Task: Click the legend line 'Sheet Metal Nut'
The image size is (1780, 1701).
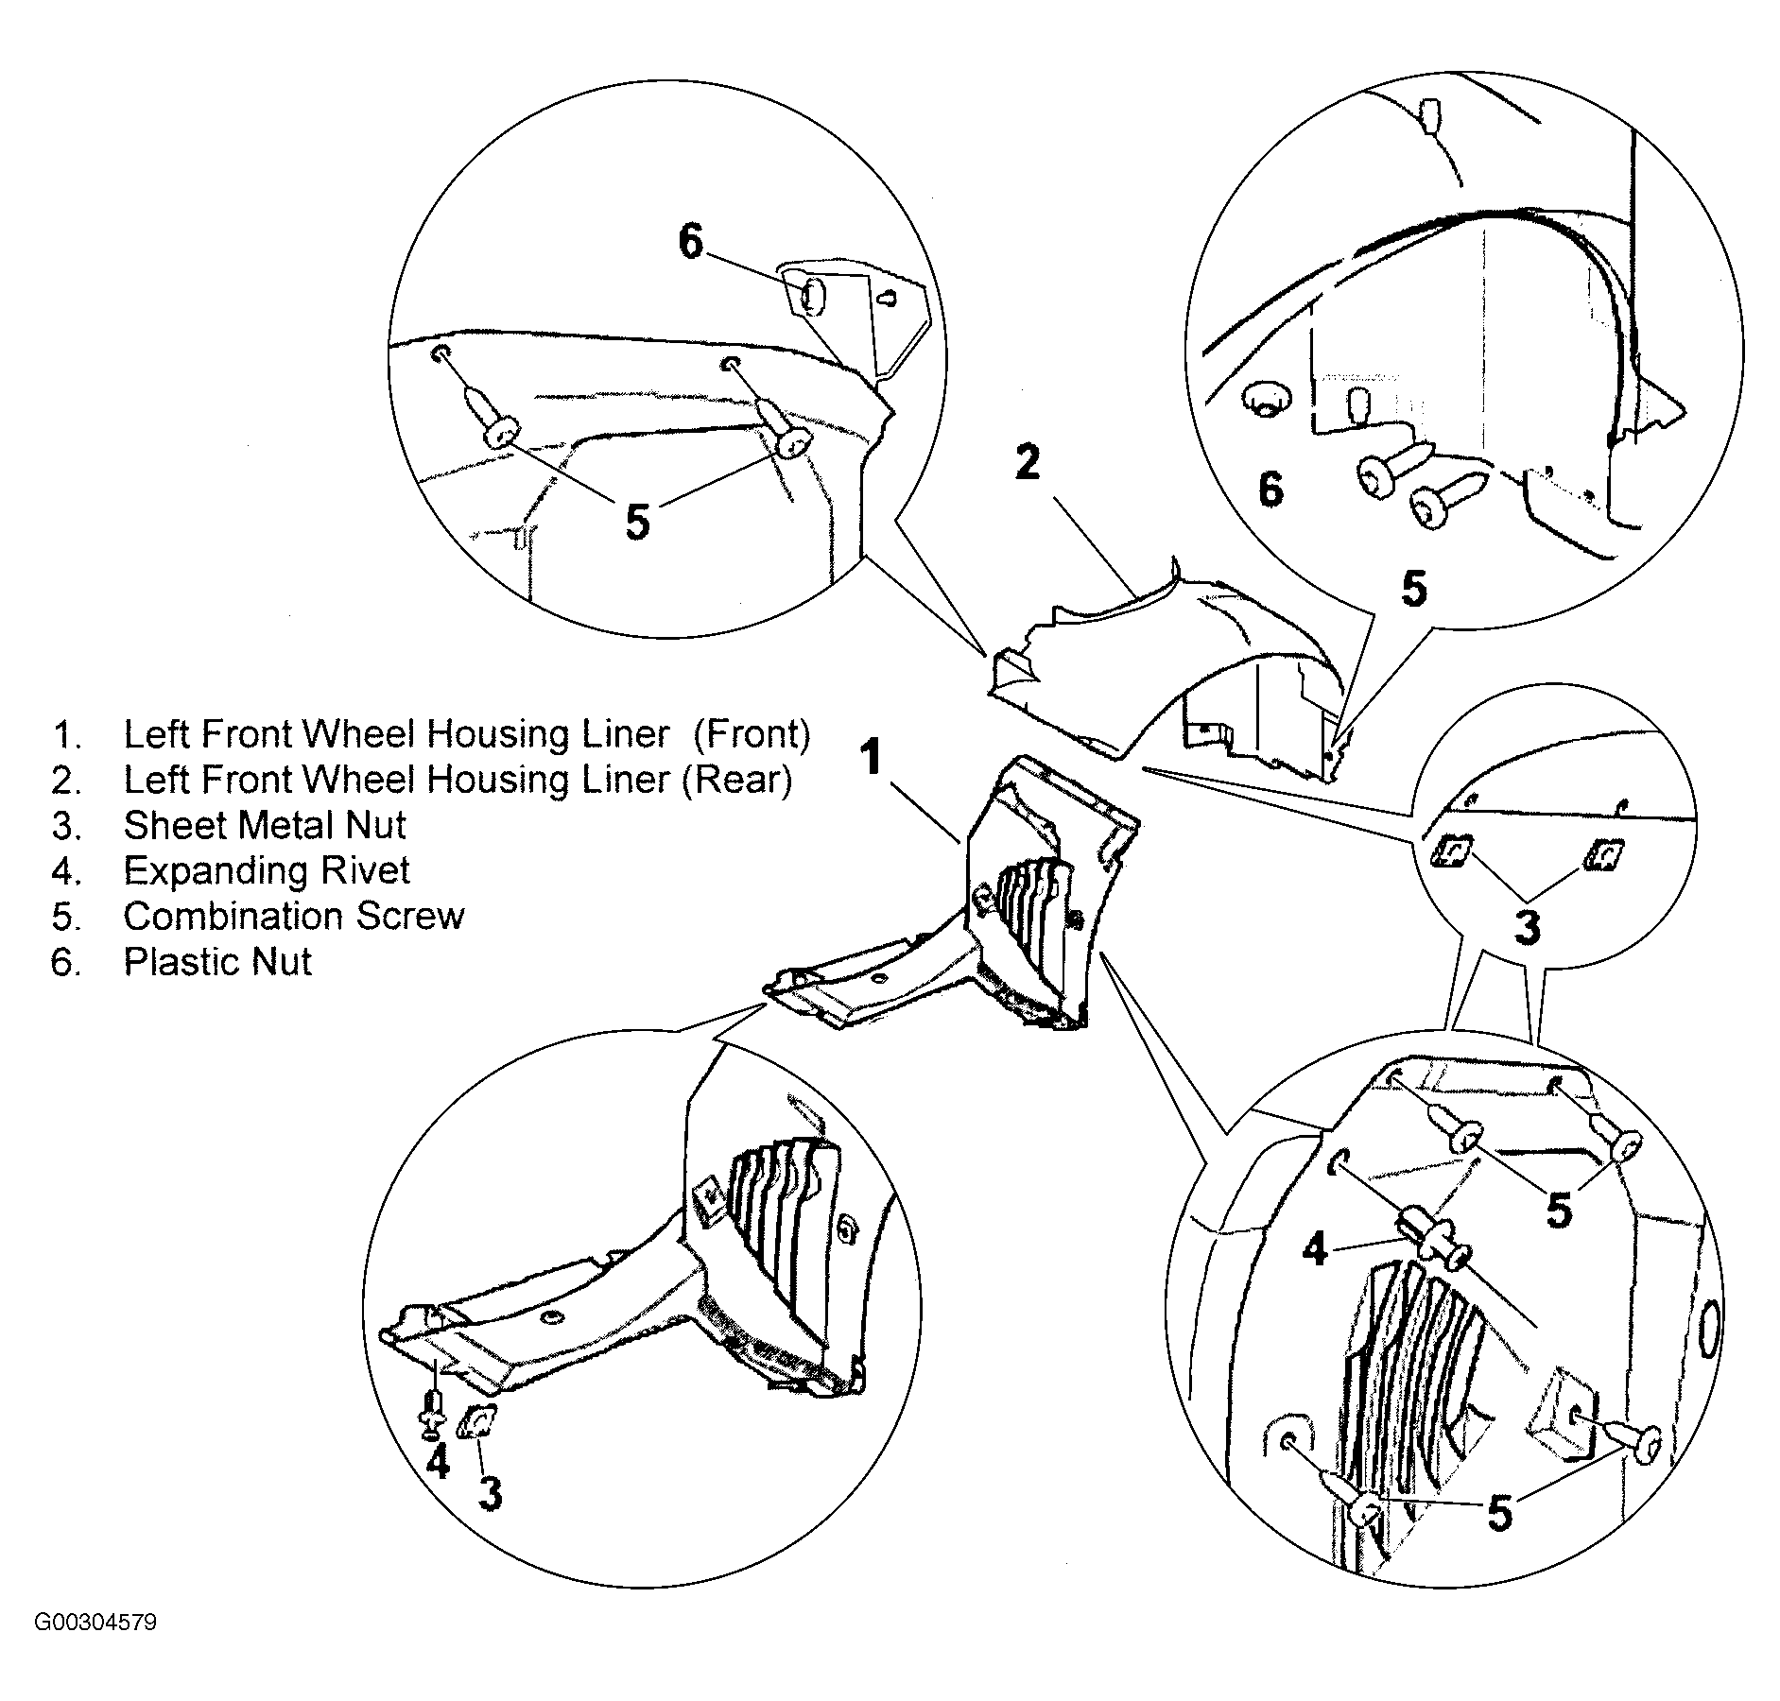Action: pyautogui.click(x=264, y=825)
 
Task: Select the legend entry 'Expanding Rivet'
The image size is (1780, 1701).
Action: pyautogui.click(x=266, y=870)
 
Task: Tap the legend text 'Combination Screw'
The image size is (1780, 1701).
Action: pyautogui.click(x=293, y=916)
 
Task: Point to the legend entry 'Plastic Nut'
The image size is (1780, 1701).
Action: pyautogui.click(x=216, y=961)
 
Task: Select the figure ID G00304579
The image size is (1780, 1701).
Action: pyautogui.click(x=95, y=1623)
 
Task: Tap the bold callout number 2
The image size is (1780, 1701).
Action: pyautogui.click(x=1028, y=462)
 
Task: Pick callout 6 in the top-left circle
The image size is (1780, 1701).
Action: pyautogui.click(x=691, y=243)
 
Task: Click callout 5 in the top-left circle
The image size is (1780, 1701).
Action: pyautogui.click(x=638, y=521)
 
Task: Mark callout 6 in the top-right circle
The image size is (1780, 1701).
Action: pyautogui.click(x=1270, y=490)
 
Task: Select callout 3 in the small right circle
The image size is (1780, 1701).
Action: pyautogui.click(x=1527, y=927)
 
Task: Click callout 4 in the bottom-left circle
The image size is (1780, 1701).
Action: pyautogui.click(x=437, y=1462)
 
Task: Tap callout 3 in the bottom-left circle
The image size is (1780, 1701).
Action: pyautogui.click(x=490, y=1495)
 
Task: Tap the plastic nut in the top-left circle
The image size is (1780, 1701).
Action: pyautogui.click(x=811, y=297)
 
